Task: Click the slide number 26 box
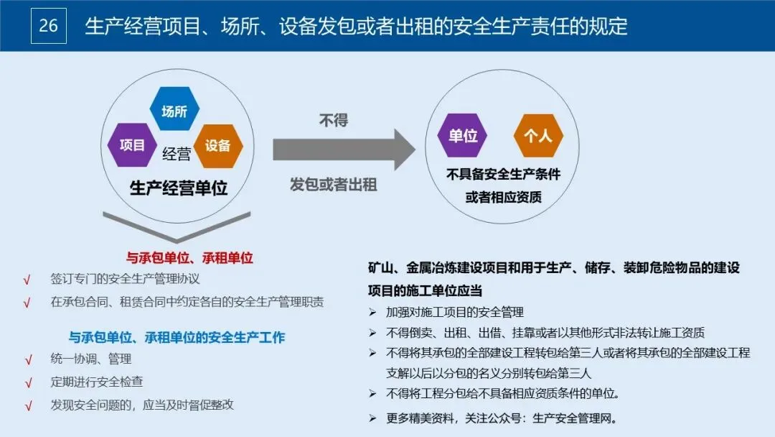coord(49,26)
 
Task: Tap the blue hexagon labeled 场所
coord(174,111)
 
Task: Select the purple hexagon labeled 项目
coord(132,144)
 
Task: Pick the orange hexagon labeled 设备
coord(218,145)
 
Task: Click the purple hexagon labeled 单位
coord(463,135)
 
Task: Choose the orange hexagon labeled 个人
coord(538,135)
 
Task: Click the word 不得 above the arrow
coord(334,119)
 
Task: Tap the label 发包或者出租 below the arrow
coord(334,184)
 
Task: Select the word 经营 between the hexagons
coord(177,153)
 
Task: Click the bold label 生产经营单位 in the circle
coord(179,188)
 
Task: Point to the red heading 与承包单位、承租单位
coord(189,257)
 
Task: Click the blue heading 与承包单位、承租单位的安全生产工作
coord(177,337)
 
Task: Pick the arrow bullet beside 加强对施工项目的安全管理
coord(372,313)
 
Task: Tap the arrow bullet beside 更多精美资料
coord(372,418)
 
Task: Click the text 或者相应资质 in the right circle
coord(503,197)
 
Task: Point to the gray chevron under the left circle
coord(177,226)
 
